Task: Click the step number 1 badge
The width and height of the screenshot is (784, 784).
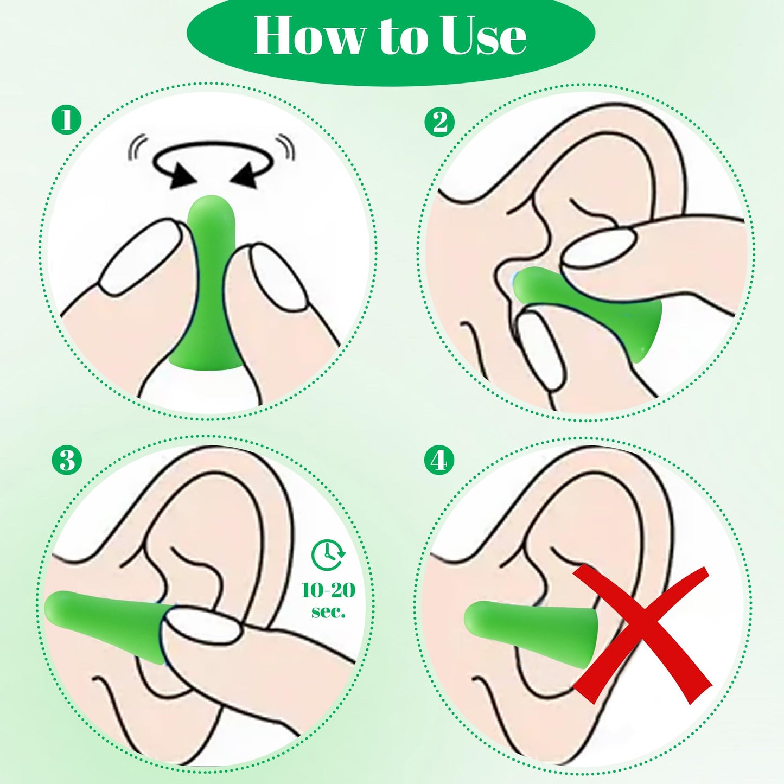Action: coord(66,120)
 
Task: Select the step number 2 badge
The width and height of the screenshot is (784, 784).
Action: coord(439,122)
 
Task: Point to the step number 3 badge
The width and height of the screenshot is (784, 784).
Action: coord(66,461)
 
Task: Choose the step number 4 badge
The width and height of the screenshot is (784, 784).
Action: coord(439,461)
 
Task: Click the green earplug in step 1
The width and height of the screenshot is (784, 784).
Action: coord(208,282)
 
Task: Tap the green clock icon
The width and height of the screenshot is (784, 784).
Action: coord(328,554)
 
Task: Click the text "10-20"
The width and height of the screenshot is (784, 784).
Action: coord(328,590)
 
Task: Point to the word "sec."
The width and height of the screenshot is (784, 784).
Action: coord(328,611)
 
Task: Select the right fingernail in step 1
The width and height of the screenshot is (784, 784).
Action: coord(277,277)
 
